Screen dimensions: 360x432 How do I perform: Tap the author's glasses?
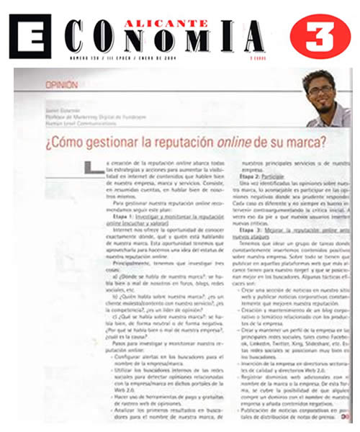click(x=319, y=92)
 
